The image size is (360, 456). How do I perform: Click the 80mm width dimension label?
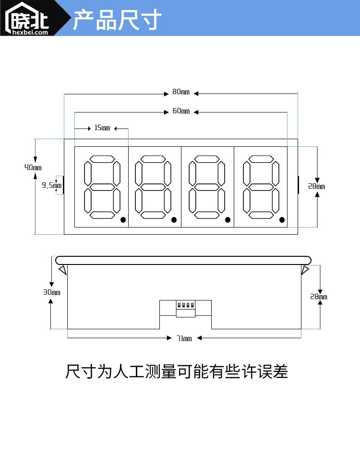pyautogui.click(x=181, y=92)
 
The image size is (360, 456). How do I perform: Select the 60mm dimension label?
pyautogui.click(x=181, y=111)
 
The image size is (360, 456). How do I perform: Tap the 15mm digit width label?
pyautogui.click(x=102, y=128)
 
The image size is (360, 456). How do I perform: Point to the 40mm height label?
pyautogui.click(x=33, y=168)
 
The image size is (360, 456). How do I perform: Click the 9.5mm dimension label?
pyautogui.click(x=51, y=185)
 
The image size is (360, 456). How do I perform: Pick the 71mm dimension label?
pyautogui.click(x=184, y=338)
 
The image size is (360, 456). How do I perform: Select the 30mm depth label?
pyautogui.click(x=52, y=292)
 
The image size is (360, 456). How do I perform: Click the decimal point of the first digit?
pyautogui.click(x=123, y=220)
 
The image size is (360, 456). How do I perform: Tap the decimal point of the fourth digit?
pyautogui.click(x=282, y=220)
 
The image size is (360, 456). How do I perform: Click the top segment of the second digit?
pyautogui.click(x=153, y=159)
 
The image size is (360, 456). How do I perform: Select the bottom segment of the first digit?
pyautogui.click(x=102, y=215)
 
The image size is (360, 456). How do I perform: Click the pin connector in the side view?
pyautogui.click(x=185, y=305)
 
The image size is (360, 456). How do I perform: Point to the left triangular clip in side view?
pyautogui.click(x=62, y=270)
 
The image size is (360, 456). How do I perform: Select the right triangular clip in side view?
pyautogui.click(x=305, y=270)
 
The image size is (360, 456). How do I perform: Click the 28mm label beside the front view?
pyautogui.click(x=316, y=186)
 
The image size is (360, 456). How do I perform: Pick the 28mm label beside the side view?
pyautogui.click(x=318, y=297)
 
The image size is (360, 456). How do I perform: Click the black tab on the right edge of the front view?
pyautogui.click(x=298, y=185)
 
